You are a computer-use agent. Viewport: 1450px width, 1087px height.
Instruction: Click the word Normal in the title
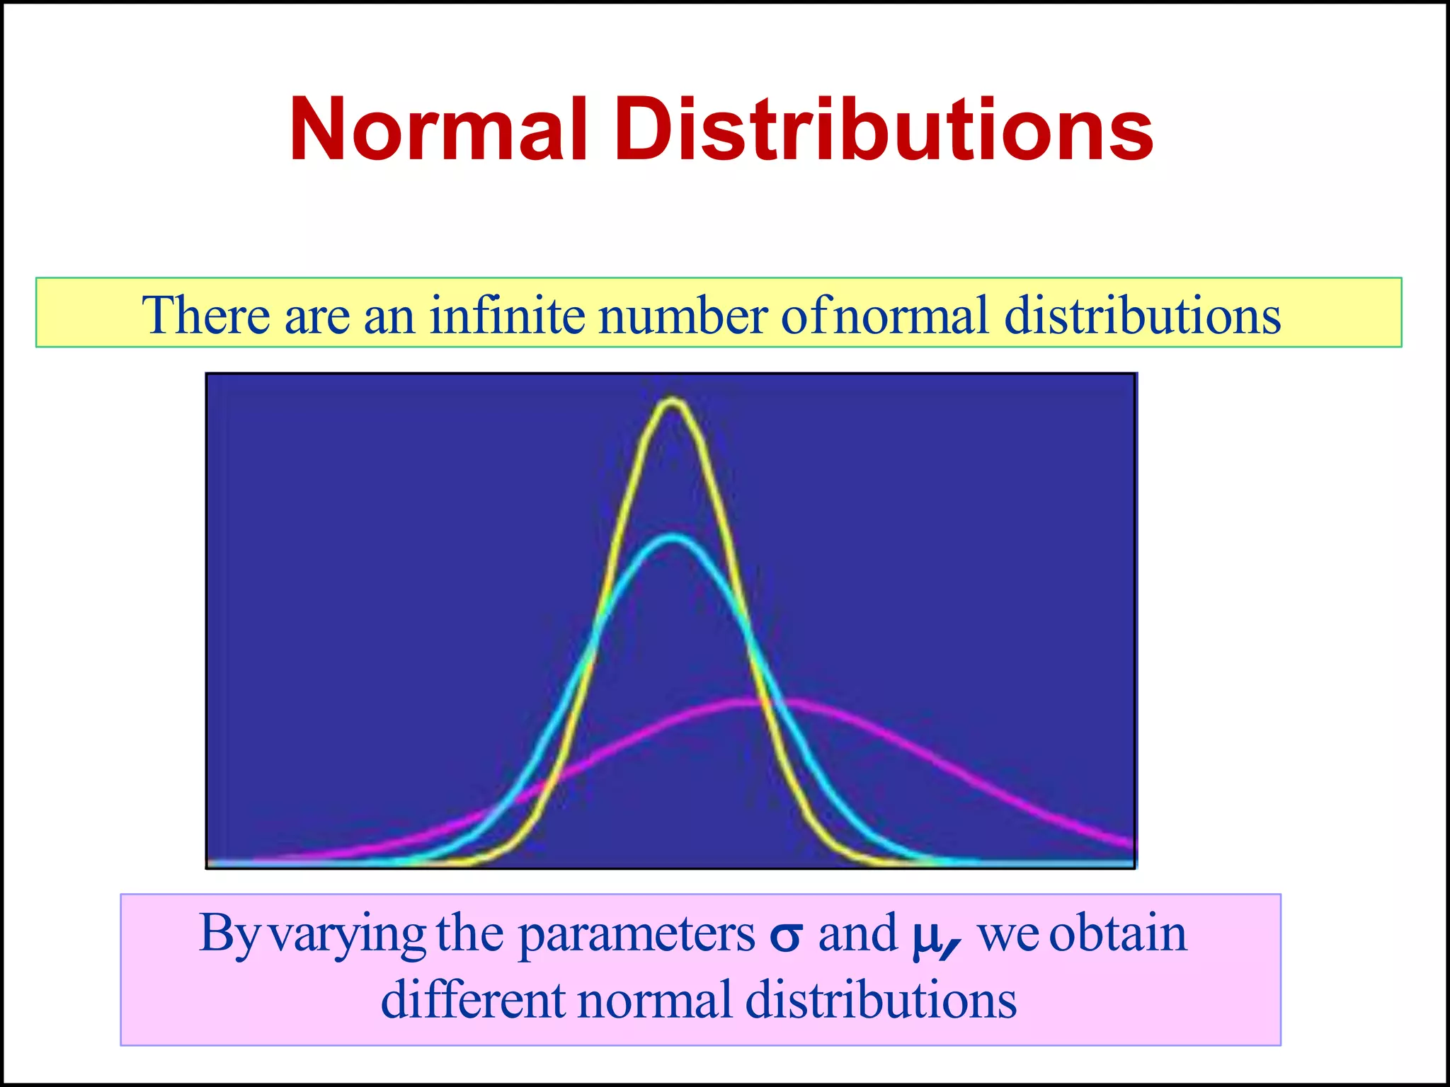pos(439,130)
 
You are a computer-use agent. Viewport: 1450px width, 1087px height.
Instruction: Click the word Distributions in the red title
pos(884,130)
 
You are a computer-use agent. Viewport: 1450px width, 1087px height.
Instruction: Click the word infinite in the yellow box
pos(508,315)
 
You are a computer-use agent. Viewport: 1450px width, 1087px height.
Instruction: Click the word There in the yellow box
pos(206,315)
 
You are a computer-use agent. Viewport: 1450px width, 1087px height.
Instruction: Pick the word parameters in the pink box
pos(636,935)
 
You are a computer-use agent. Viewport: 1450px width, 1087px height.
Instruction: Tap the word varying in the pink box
pos(349,935)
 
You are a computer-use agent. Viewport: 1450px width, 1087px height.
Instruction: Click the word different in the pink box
pos(473,999)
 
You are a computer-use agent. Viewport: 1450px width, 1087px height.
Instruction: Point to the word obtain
pos(1117,933)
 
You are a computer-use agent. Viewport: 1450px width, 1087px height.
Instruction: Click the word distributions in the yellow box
pos(1143,315)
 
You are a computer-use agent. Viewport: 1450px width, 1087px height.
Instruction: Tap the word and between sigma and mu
pos(858,933)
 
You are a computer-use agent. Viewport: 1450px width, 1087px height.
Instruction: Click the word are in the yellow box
pos(316,316)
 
